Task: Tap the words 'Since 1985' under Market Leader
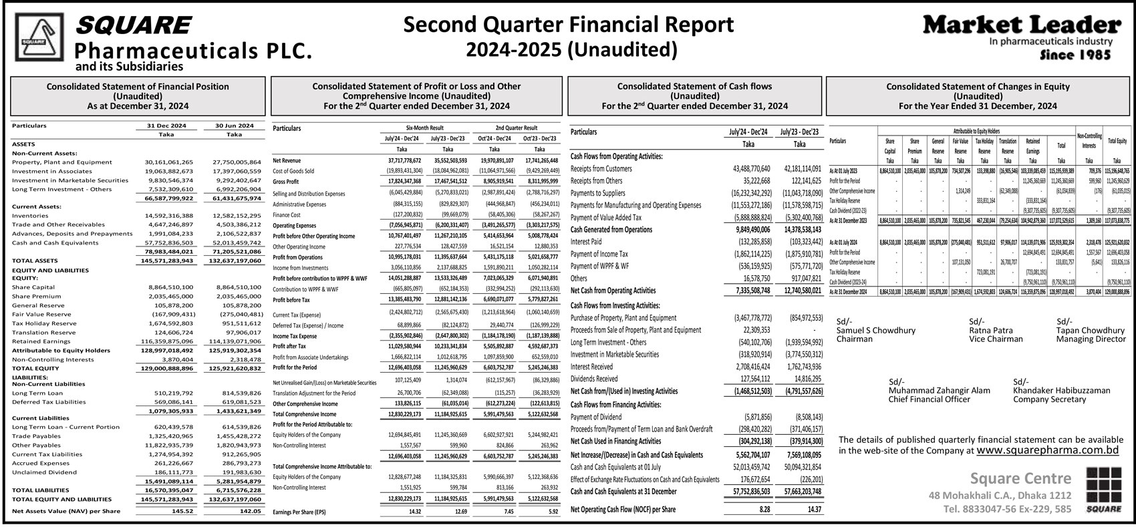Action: click(x=1075, y=55)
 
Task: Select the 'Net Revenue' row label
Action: click(x=287, y=161)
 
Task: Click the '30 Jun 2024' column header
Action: click(x=234, y=126)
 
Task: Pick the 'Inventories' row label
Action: click(x=30, y=216)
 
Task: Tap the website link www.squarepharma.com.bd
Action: click(x=1047, y=451)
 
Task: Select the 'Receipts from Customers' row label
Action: click(x=601, y=169)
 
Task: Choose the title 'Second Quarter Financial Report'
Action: click(x=569, y=25)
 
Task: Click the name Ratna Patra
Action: click(x=990, y=330)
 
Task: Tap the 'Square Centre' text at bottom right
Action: click(x=1020, y=478)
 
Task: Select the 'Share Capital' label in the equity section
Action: click(x=33, y=287)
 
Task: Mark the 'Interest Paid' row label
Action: click(x=586, y=242)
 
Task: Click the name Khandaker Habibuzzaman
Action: click(x=1061, y=390)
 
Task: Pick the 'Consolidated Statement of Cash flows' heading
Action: click(x=694, y=86)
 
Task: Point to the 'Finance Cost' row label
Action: click(x=287, y=215)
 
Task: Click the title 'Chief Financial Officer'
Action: click(x=929, y=399)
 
